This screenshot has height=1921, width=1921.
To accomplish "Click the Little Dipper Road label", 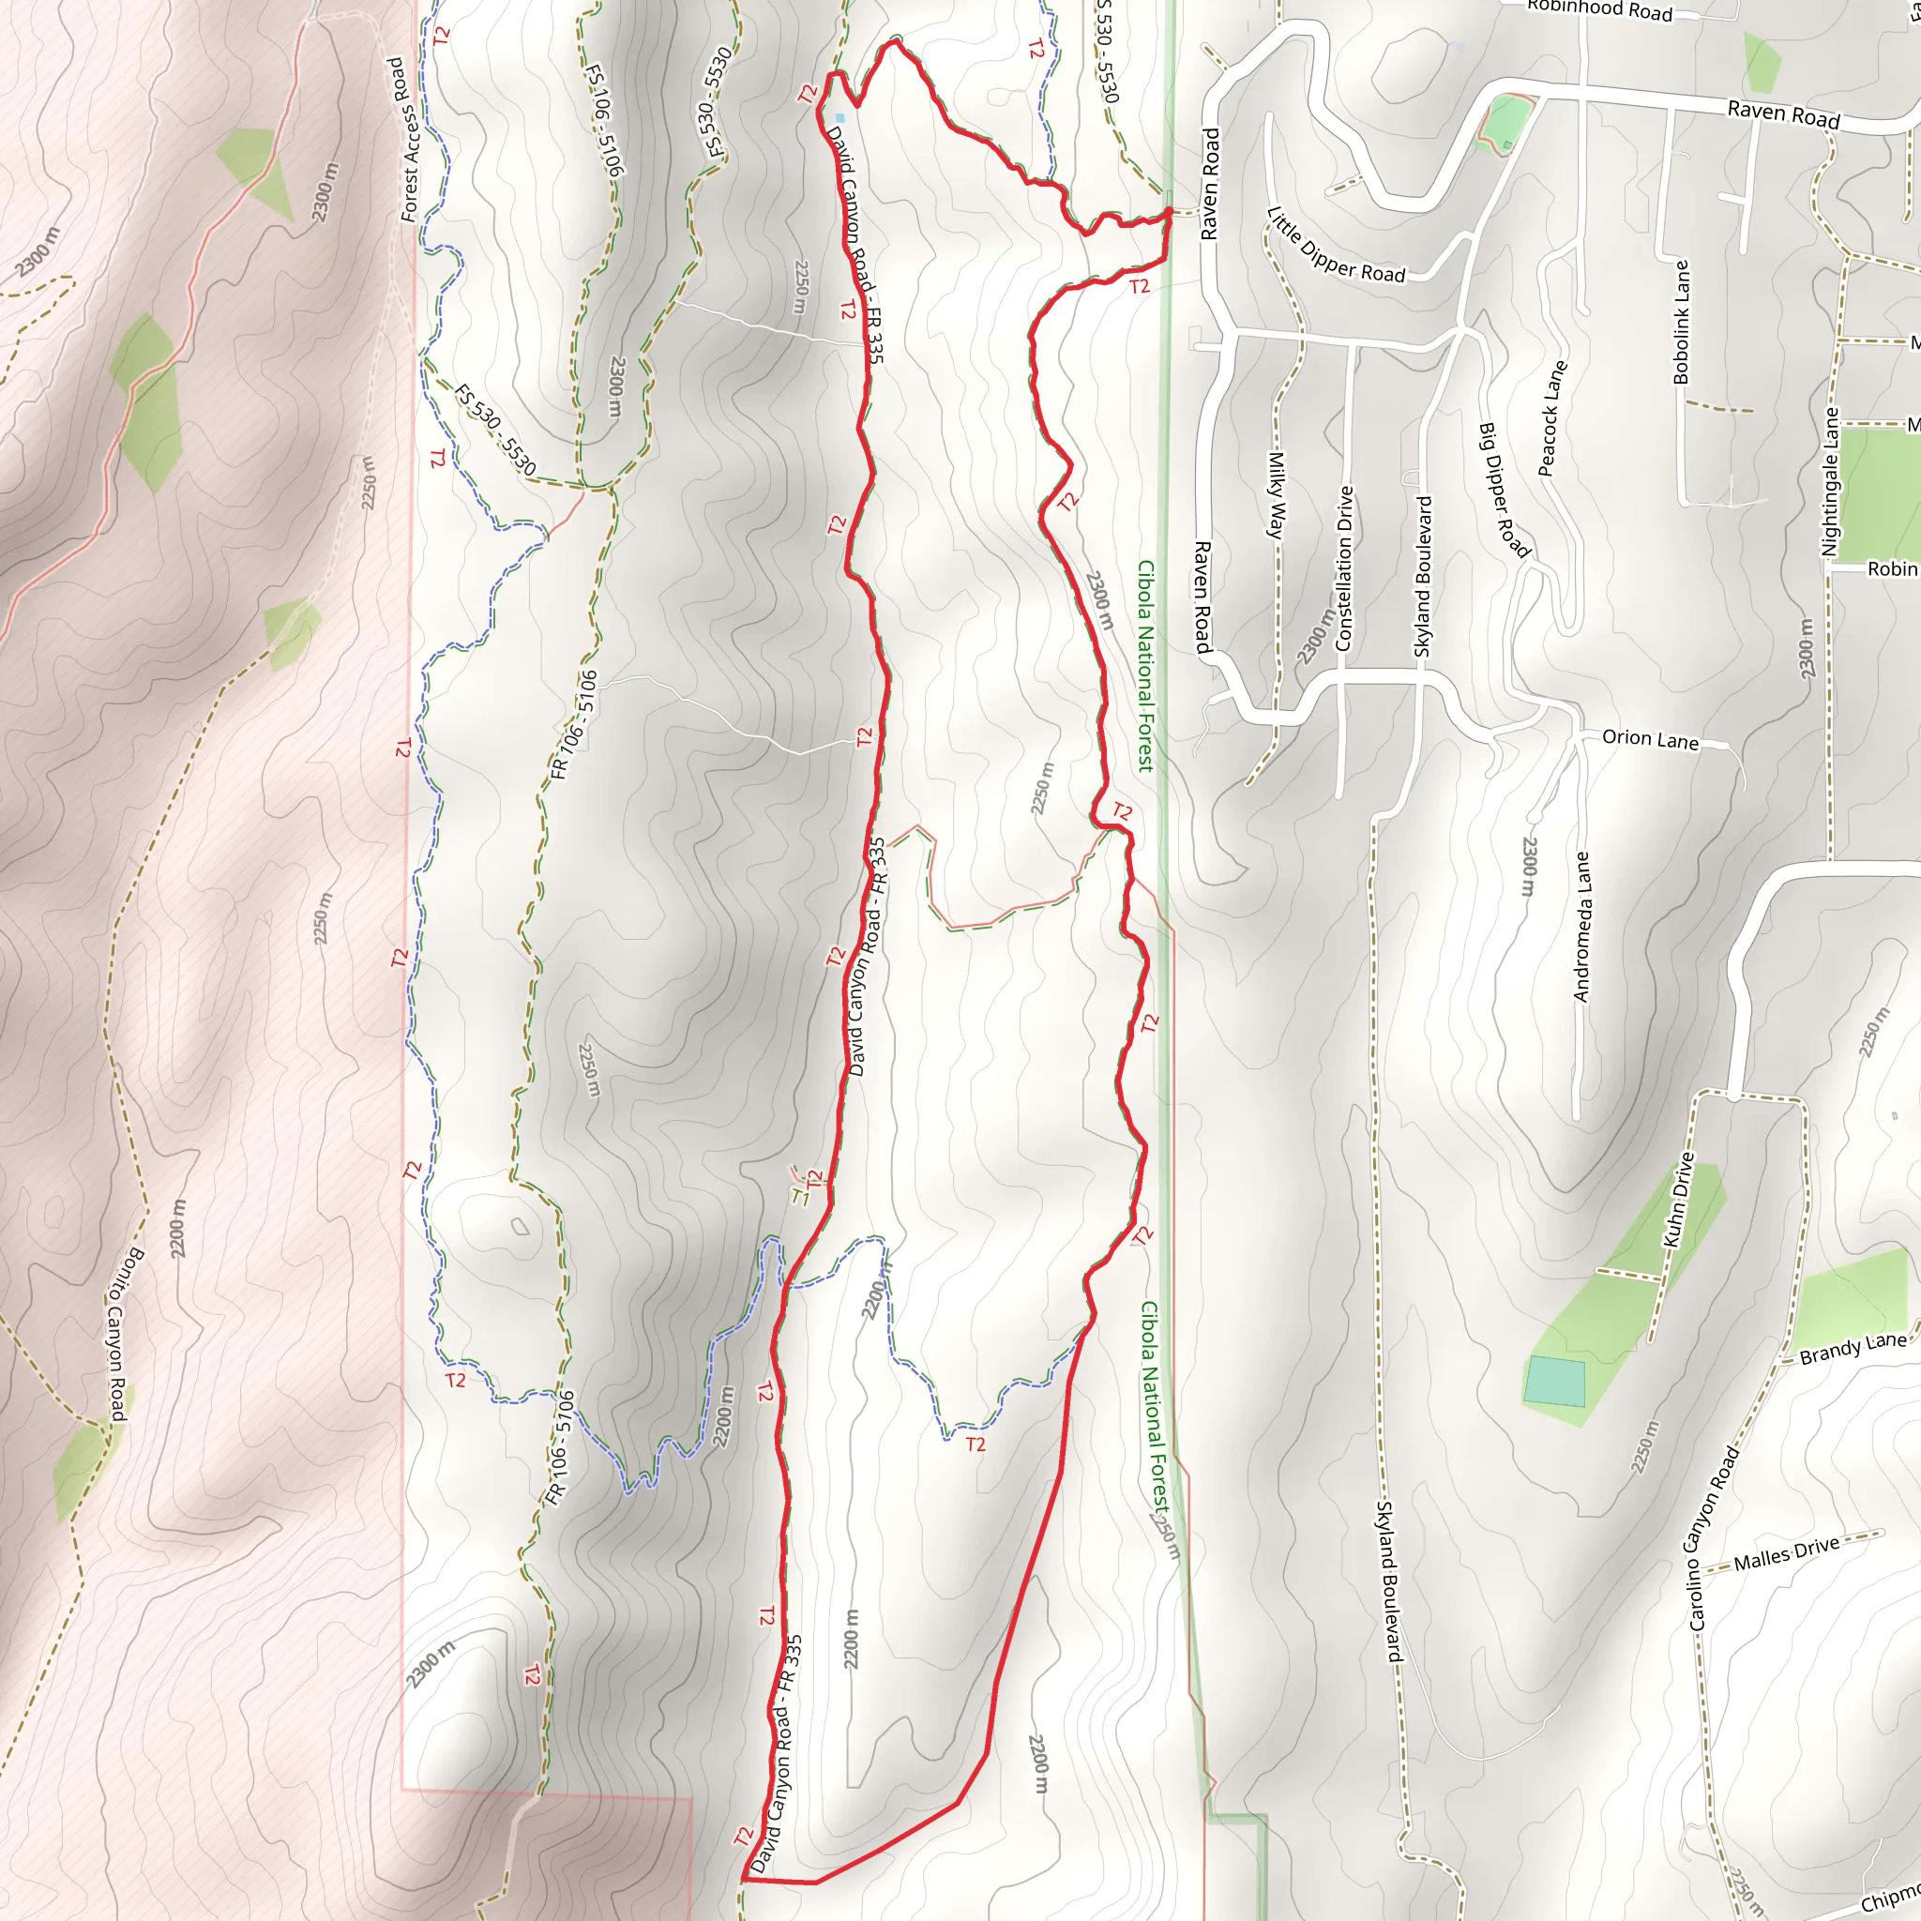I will [x=1336, y=246].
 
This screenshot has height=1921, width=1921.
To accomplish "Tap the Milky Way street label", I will [x=1276, y=495].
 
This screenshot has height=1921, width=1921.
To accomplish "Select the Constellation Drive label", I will [x=1344, y=567].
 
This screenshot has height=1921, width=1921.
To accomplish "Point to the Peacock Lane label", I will [x=1552, y=418].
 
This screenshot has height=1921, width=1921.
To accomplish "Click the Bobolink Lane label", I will [x=1680, y=321].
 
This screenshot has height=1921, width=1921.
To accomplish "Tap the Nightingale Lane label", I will [x=1831, y=482].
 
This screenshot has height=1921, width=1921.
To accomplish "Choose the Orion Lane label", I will [x=1650, y=739].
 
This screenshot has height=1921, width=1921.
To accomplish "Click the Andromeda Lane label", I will [x=1582, y=926].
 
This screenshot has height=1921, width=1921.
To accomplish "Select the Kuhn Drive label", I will [x=1678, y=1200].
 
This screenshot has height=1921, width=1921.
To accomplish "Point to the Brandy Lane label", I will [x=1853, y=1347].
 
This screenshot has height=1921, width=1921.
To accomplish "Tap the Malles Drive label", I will [x=1786, y=1553].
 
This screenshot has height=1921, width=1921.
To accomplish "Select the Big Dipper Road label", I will [x=1504, y=490].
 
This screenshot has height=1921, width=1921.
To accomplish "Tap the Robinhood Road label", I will [x=1600, y=11].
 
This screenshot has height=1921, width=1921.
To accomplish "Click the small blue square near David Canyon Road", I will [x=839, y=118].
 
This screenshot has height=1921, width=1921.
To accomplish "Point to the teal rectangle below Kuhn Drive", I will [x=1554, y=1381].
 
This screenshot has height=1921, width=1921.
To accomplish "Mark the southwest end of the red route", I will [x=744, y=1879].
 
